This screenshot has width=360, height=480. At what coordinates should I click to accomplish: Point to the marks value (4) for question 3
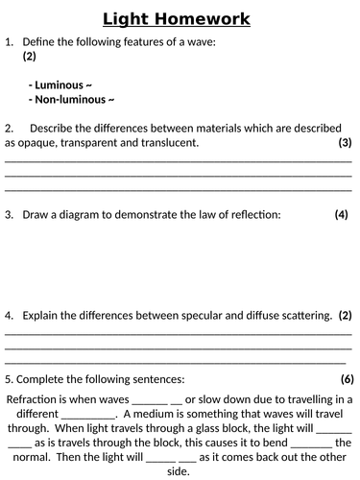[341, 215]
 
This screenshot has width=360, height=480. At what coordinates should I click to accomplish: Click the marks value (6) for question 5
[347, 378]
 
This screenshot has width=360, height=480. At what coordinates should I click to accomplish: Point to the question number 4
[9, 315]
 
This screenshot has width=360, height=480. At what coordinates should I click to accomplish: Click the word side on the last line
[180, 471]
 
